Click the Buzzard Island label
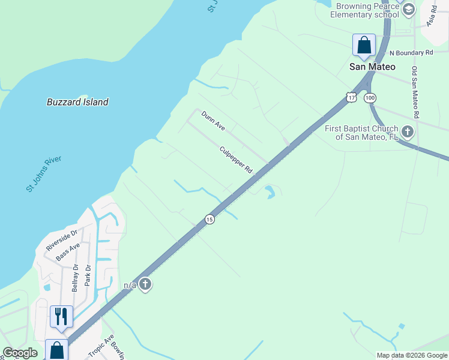coord(77,102)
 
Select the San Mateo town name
coord(372,67)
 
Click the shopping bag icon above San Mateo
coord(364,44)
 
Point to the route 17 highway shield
coord(351,97)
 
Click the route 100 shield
coord(370,97)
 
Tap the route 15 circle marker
coord(209,219)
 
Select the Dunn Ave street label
coord(213,121)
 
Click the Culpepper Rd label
coord(236,160)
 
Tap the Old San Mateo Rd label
coord(415,92)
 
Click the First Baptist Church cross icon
coord(408,131)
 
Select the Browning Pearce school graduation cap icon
coord(409,8)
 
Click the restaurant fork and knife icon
coord(61,316)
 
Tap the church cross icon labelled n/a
coord(145,284)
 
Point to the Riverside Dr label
coord(62,239)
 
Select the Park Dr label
coord(88,276)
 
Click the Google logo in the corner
coord(20,353)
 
